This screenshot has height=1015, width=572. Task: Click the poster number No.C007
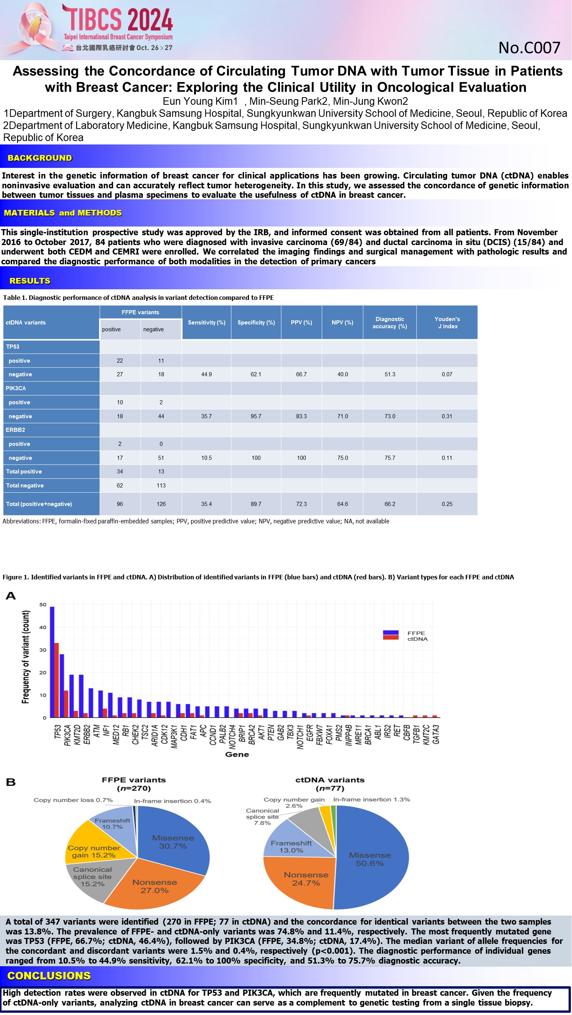[x=529, y=48]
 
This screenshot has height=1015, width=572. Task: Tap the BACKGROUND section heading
[x=40, y=158]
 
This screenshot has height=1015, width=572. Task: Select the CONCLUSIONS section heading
[x=49, y=976]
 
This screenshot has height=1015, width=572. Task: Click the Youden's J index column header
[x=447, y=322]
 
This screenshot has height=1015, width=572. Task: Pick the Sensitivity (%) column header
[x=207, y=322]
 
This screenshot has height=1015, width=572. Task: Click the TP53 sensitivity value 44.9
[x=207, y=374]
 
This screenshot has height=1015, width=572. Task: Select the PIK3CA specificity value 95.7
[x=256, y=416]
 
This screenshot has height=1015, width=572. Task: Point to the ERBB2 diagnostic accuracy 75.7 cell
[x=390, y=458]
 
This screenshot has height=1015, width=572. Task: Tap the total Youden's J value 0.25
[x=447, y=504]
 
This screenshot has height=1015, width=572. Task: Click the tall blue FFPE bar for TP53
[x=52, y=662]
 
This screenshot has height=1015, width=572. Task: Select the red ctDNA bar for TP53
[x=56, y=680]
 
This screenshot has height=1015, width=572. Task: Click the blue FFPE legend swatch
[x=390, y=632]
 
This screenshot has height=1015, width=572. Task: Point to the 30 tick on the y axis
[x=43, y=650]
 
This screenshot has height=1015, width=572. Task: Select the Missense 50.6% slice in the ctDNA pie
[x=371, y=859]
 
